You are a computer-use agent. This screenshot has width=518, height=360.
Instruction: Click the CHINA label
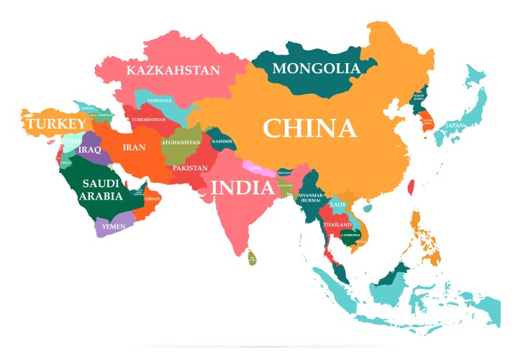[x=309, y=129]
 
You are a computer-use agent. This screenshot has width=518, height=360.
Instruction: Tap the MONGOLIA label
[x=316, y=69]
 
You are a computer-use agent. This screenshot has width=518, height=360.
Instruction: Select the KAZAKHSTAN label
[x=173, y=71]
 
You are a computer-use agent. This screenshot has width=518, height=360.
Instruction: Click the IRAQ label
[x=90, y=150]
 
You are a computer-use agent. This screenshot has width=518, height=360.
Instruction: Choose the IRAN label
[x=135, y=148]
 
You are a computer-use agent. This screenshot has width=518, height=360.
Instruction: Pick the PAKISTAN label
[x=190, y=168]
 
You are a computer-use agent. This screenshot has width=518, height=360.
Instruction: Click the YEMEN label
[x=114, y=226]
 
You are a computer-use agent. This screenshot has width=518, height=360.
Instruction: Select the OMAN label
[x=153, y=199]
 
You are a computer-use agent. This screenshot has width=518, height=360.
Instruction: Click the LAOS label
[x=338, y=204]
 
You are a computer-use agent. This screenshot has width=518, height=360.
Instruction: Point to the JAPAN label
[x=455, y=125]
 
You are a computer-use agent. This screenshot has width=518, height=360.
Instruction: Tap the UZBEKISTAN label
[x=160, y=101]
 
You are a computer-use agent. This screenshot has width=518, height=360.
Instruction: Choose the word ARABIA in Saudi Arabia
[x=96, y=196]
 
